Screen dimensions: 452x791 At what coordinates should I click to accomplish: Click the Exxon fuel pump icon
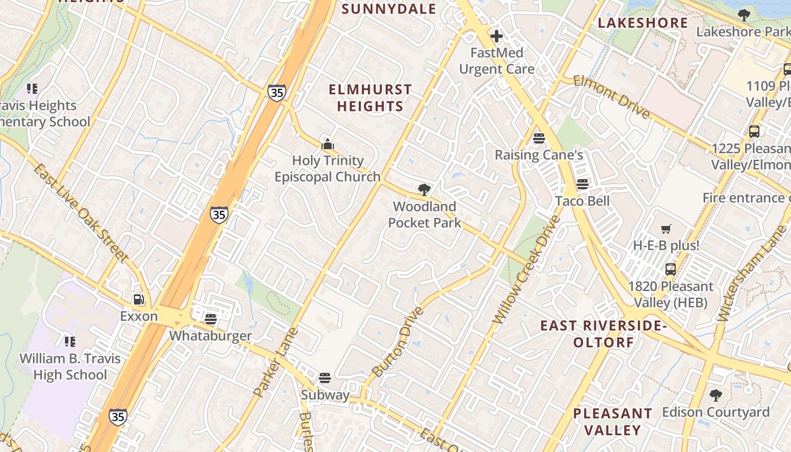(x=138, y=299)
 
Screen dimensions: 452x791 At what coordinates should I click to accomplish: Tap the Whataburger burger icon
(x=211, y=319)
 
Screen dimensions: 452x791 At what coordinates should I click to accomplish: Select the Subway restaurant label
(x=325, y=395)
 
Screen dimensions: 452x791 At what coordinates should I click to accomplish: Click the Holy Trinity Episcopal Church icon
(x=327, y=144)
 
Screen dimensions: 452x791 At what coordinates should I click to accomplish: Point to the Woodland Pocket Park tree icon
(x=424, y=190)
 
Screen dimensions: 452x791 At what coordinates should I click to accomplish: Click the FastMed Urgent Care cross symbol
(x=496, y=37)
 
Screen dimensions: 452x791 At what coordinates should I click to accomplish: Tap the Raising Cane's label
(x=538, y=155)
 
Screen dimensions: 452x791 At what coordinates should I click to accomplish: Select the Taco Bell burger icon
(x=583, y=184)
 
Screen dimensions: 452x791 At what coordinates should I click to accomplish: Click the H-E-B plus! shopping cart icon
(x=667, y=229)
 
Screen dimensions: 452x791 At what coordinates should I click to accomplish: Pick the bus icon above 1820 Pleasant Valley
(x=671, y=270)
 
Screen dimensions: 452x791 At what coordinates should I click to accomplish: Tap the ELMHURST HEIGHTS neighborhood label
(x=370, y=98)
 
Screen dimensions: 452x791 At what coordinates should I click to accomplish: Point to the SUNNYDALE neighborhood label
(x=389, y=9)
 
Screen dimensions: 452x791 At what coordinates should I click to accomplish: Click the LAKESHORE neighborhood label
(x=642, y=23)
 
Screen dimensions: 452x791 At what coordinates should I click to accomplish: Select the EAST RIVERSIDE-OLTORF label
(x=603, y=334)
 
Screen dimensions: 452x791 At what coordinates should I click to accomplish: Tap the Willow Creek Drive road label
(x=525, y=270)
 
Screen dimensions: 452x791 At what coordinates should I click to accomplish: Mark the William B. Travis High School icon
(x=69, y=341)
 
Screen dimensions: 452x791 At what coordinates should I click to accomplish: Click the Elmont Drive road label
(x=611, y=97)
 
